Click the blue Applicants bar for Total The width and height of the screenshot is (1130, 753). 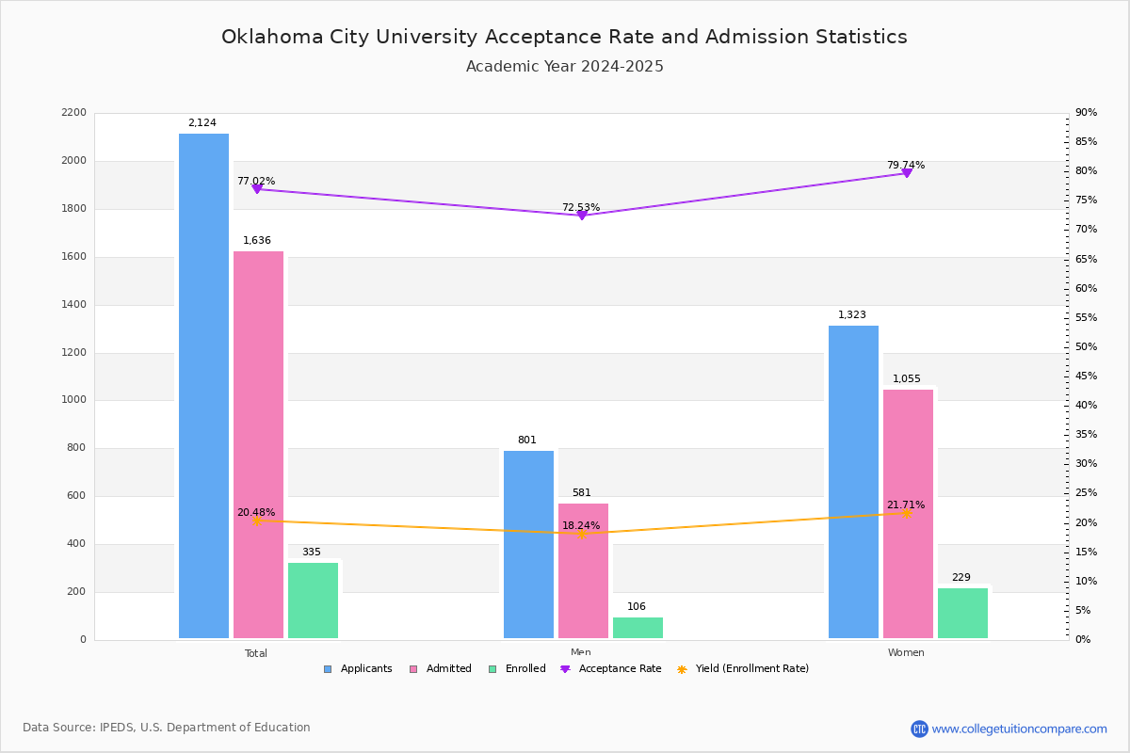click(203, 386)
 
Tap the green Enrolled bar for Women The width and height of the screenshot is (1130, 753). click(962, 613)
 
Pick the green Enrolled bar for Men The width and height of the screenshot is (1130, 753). click(638, 628)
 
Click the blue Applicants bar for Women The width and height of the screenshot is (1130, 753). click(853, 482)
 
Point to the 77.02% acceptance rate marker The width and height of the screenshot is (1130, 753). click(257, 189)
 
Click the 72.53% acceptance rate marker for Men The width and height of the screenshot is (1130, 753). click(581, 216)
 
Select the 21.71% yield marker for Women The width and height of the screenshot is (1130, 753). click(907, 514)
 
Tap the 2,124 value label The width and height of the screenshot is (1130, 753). click(202, 123)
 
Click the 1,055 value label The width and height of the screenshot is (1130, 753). click(907, 379)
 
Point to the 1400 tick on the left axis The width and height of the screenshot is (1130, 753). click(74, 305)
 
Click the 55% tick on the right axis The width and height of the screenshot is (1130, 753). click(1086, 318)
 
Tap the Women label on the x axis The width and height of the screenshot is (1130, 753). click(906, 653)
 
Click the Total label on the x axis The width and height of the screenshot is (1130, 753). click(256, 653)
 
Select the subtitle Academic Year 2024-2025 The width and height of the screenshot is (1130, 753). click(565, 67)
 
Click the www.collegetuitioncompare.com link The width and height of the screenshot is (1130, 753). click(1019, 729)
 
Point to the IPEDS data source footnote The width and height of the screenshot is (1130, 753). click(167, 728)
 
